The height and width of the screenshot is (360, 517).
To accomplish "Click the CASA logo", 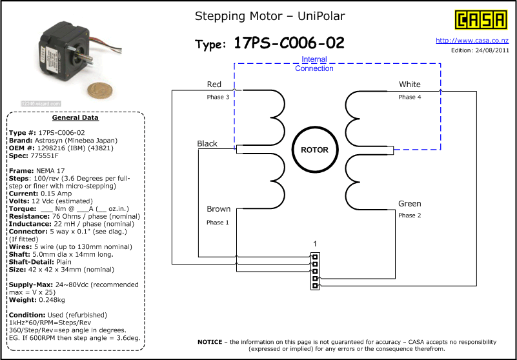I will (x=480, y=20).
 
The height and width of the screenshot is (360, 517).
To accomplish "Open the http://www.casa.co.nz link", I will (x=472, y=40).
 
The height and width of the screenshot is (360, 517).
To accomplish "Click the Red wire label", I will (x=214, y=85).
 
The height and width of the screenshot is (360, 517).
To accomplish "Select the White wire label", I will (x=409, y=85).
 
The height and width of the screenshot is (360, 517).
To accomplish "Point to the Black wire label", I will (x=207, y=143).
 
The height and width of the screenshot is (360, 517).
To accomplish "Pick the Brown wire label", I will (x=218, y=209).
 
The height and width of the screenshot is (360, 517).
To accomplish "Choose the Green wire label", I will (x=409, y=204).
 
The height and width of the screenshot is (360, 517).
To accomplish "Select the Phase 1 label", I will (x=218, y=222).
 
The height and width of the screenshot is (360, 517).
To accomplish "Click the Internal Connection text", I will (x=314, y=64).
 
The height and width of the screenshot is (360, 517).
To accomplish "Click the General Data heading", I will (x=76, y=118).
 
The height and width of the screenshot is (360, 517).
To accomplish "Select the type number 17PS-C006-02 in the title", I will (x=289, y=43).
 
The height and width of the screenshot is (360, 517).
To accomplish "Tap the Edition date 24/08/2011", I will (x=492, y=50).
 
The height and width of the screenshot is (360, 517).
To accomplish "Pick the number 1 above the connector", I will (x=314, y=243).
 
